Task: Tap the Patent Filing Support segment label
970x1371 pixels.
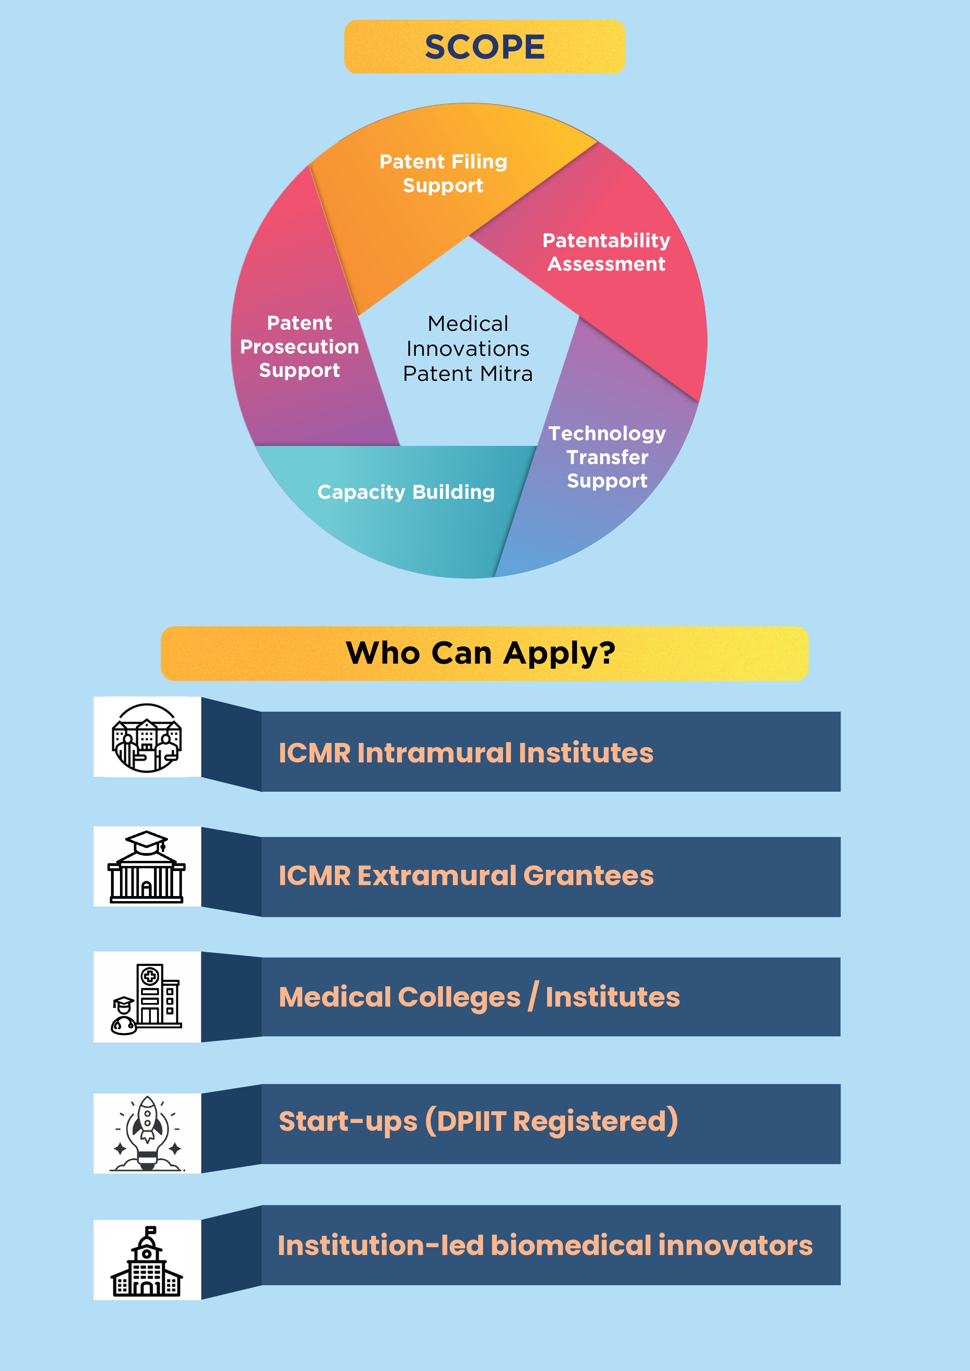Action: click(443, 173)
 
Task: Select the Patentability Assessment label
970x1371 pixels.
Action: click(606, 252)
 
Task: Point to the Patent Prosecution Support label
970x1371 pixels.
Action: click(299, 346)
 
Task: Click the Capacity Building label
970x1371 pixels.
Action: click(406, 492)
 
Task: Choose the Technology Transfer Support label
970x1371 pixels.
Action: click(607, 457)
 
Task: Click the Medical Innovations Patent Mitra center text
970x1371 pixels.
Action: click(468, 349)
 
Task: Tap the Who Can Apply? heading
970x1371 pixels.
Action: click(481, 653)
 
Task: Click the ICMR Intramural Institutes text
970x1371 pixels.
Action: click(466, 752)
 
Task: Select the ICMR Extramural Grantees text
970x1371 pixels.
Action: click(466, 875)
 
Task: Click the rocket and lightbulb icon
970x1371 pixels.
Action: click(147, 1133)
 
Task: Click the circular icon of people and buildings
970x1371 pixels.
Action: click(147, 737)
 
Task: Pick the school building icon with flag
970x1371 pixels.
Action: click(147, 1260)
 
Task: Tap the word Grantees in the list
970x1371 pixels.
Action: click(588, 875)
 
